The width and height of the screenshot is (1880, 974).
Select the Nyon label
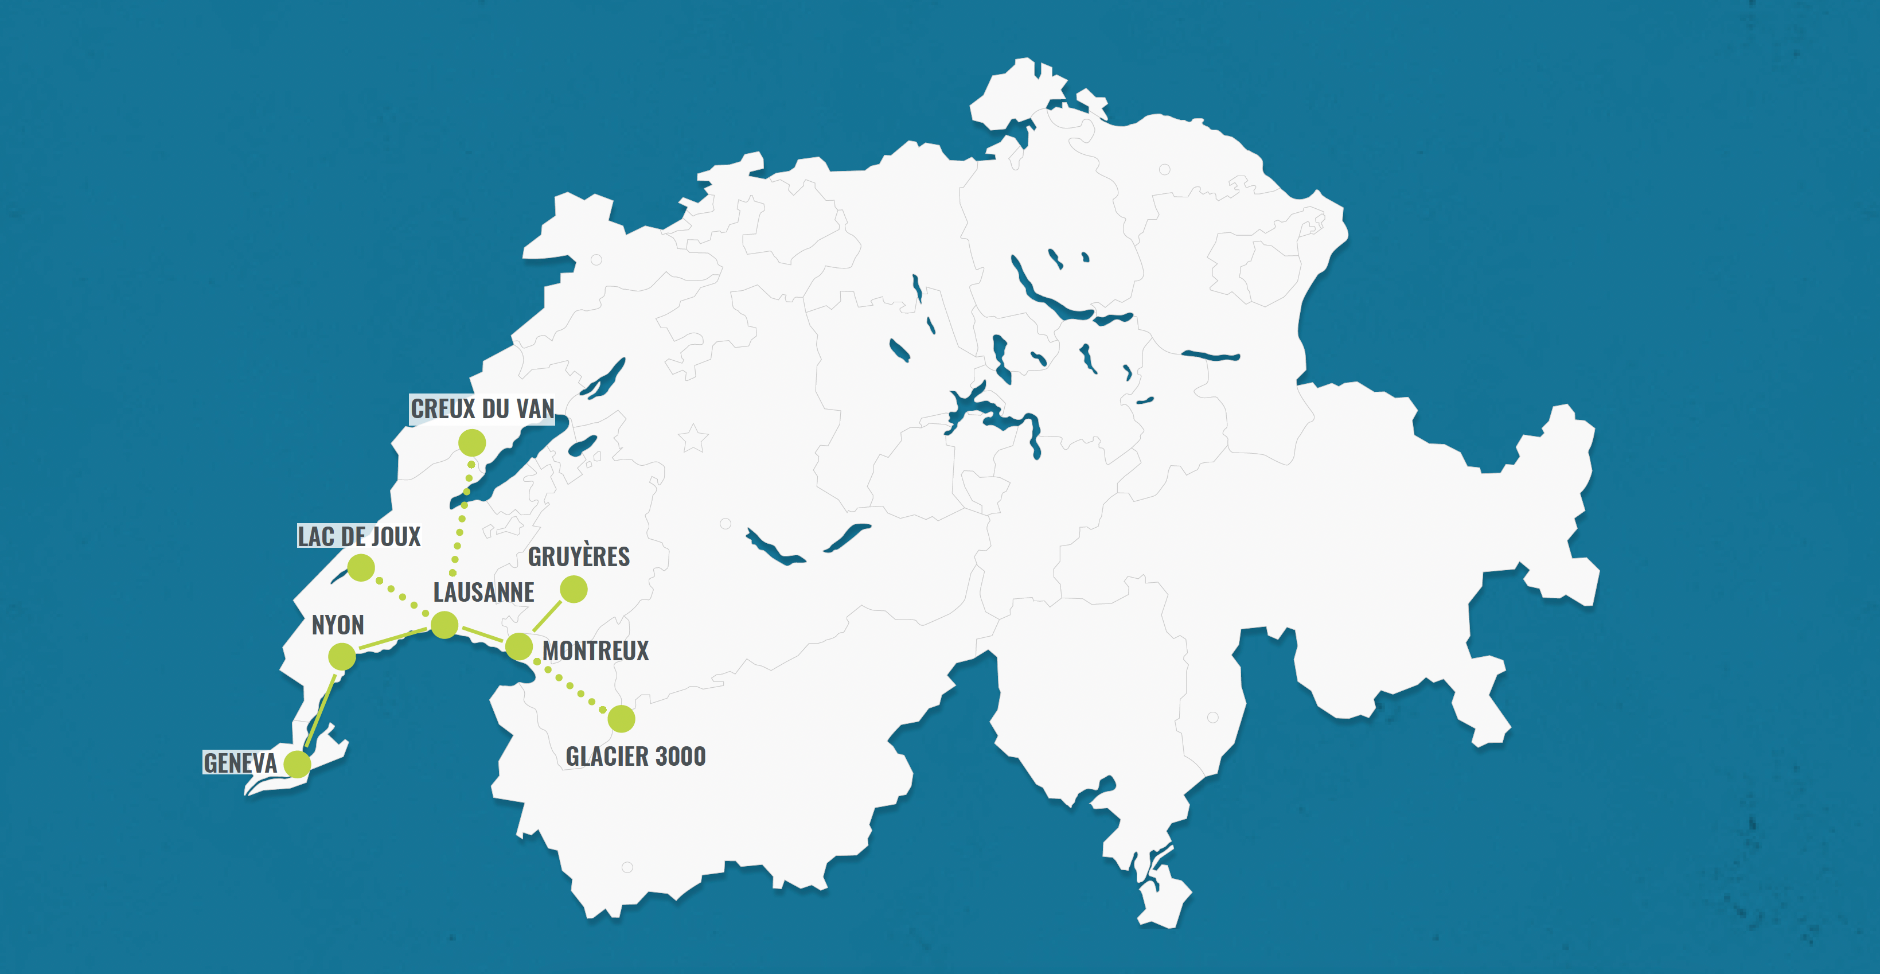pyautogui.click(x=337, y=625)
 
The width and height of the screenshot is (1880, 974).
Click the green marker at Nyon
pyautogui.click(x=342, y=656)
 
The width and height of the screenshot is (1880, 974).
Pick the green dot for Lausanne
pyautogui.click(x=444, y=625)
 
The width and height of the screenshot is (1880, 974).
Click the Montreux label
pyautogui.click(x=595, y=650)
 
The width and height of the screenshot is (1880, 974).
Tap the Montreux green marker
pyautogui.click(x=519, y=646)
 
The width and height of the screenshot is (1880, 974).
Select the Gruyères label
pyautogui.click(x=578, y=557)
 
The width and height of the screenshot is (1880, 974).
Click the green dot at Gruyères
pyautogui.click(x=574, y=589)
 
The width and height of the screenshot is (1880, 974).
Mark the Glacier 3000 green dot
pyautogui.click(x=621, y=718)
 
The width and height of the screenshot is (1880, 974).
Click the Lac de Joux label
pyautogui.click(x=358, y=537)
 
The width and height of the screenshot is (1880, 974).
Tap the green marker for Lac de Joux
pyautogui.click(x=361, y=567)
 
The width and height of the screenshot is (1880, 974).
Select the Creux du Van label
pyautogui.click(x=482, y=409)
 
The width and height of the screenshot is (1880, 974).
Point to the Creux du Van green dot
pyautogui.click(x=472, y=442)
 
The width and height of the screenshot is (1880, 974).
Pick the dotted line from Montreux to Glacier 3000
pyautogui.click(x=571, y=683)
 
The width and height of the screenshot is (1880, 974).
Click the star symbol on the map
pyautogui.click(x=693, y=438)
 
